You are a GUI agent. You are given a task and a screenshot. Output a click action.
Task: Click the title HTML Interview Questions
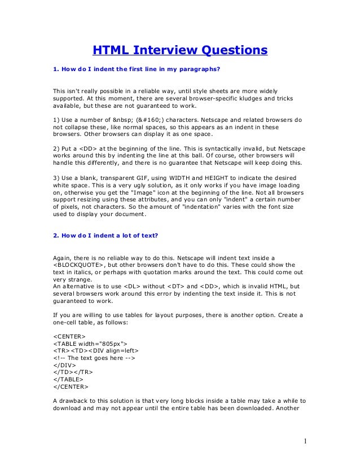(179, 51)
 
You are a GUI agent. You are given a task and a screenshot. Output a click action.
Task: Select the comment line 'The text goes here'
(94, 358)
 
